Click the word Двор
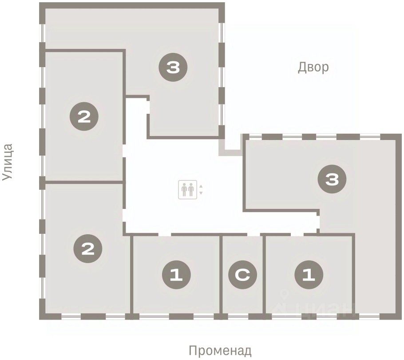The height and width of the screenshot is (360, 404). click(x=313, y=67)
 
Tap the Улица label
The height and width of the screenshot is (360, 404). click(x=7, y=162)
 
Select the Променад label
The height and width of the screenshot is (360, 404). click(x=220, y=351)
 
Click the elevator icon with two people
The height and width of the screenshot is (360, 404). click(x=188, y=189)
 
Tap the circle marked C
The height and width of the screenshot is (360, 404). click(x=242, y=275)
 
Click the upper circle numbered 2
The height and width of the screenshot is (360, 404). click(x=84, y=116)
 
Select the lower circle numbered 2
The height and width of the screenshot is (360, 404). click(x=88, y=248)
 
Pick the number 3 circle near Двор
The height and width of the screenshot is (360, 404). click(x=173, y=67)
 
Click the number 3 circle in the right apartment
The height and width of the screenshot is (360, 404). click(x=332, y=179)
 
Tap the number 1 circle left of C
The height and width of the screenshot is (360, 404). click(x=177, y=275)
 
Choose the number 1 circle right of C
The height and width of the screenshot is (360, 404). click(x=309, y=275)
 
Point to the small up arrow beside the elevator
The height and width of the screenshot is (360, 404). click(x=201, y=186)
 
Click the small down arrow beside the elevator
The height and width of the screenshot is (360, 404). click(x=201, y=193)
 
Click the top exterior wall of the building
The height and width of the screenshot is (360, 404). click(x=132, y=5)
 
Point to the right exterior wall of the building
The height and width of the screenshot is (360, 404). click(x=398, y=227)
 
